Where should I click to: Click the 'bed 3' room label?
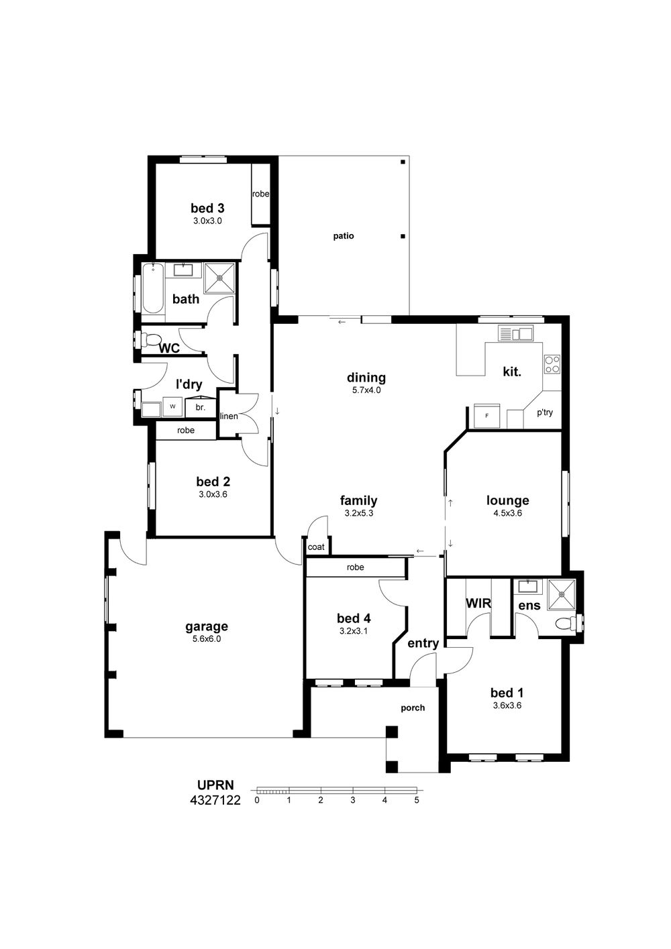[x=207, y=208]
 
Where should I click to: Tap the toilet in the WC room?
[x=148, y=339]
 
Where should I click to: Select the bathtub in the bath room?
[x=152, y=288]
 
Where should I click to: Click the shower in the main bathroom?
[x=219, y=278]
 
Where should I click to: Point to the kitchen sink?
[x=515, y=333]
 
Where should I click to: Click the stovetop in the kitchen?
[x=552, y=364]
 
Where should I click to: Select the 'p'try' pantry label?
[x=545, y=412]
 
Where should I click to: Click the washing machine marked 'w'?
[x=172, y=406]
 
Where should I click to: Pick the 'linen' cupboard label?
[x=229, y=416]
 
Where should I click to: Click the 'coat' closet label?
[x=316, y=547]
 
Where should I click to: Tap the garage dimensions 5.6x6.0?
[x=207, y=639]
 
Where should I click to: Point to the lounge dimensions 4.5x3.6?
[x=507, y=513]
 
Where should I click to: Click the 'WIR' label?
[x=478, y=603]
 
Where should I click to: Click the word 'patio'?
[x=344, y=236]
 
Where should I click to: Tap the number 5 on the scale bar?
[x=417, y=800]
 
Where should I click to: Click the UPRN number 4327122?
[x=215, y=800]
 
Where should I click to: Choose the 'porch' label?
[x=413, y=708]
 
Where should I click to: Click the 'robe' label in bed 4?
[x=355, y=567]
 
